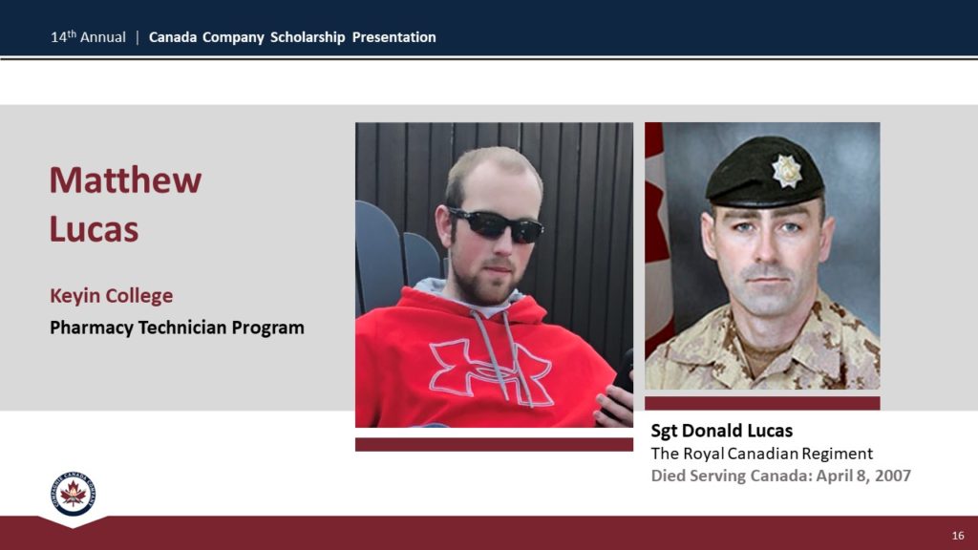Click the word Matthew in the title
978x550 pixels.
(x=125, y=180)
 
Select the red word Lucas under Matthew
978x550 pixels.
(x=95, y=229)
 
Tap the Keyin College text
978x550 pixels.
(x=111, y=296)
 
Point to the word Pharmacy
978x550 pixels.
(x=91, y=328)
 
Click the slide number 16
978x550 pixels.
(x=958, y=536)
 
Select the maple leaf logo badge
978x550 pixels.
(x=73, y=494)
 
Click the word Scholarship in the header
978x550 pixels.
(x=308, y=37)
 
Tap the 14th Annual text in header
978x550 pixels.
(x=88, y=37)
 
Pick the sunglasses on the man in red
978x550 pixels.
(x=496, y=225)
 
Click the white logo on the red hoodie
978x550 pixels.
(x=491, y=372)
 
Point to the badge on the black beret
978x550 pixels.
(x=787, y=170)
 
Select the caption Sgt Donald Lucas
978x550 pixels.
(x=722, y=431)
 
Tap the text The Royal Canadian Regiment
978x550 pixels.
(x=761, y=454)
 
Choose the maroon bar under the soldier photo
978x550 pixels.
(x=762, y=404)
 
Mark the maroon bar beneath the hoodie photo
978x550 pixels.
(x=494, y=444)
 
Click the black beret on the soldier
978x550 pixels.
(x=765, y=173)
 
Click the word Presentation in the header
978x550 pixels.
(x=394, y=37)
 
